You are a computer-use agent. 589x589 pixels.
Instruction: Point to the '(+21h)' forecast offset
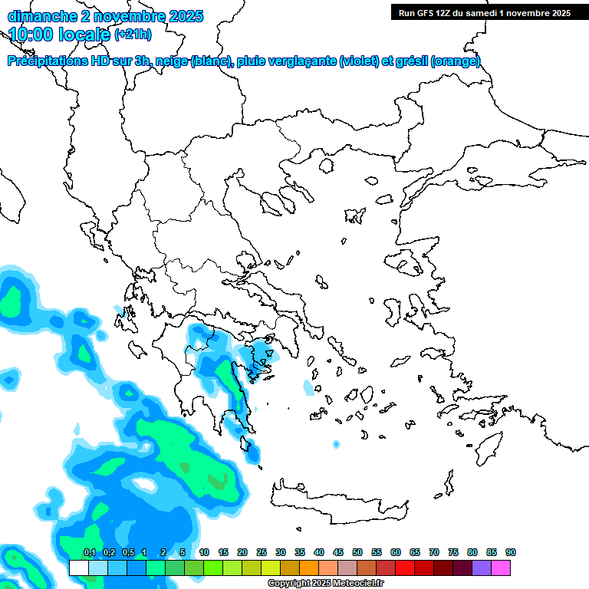(x=133, y=35)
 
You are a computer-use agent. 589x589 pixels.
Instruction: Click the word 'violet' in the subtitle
(x=358, y=61)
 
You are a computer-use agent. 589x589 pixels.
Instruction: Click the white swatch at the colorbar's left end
(x=78, y=568)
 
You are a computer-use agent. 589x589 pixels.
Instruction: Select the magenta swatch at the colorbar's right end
(x=501, y=568)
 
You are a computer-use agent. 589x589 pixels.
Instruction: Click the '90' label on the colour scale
(x=511, y=552)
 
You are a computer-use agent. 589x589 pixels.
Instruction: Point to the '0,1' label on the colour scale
(x=89, y=552)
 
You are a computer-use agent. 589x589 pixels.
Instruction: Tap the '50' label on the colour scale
(x=357, y=552)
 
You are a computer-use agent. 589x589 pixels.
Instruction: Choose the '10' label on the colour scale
(x=204, y=552)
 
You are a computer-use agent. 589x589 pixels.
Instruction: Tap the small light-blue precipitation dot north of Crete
(x=336, y=444)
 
